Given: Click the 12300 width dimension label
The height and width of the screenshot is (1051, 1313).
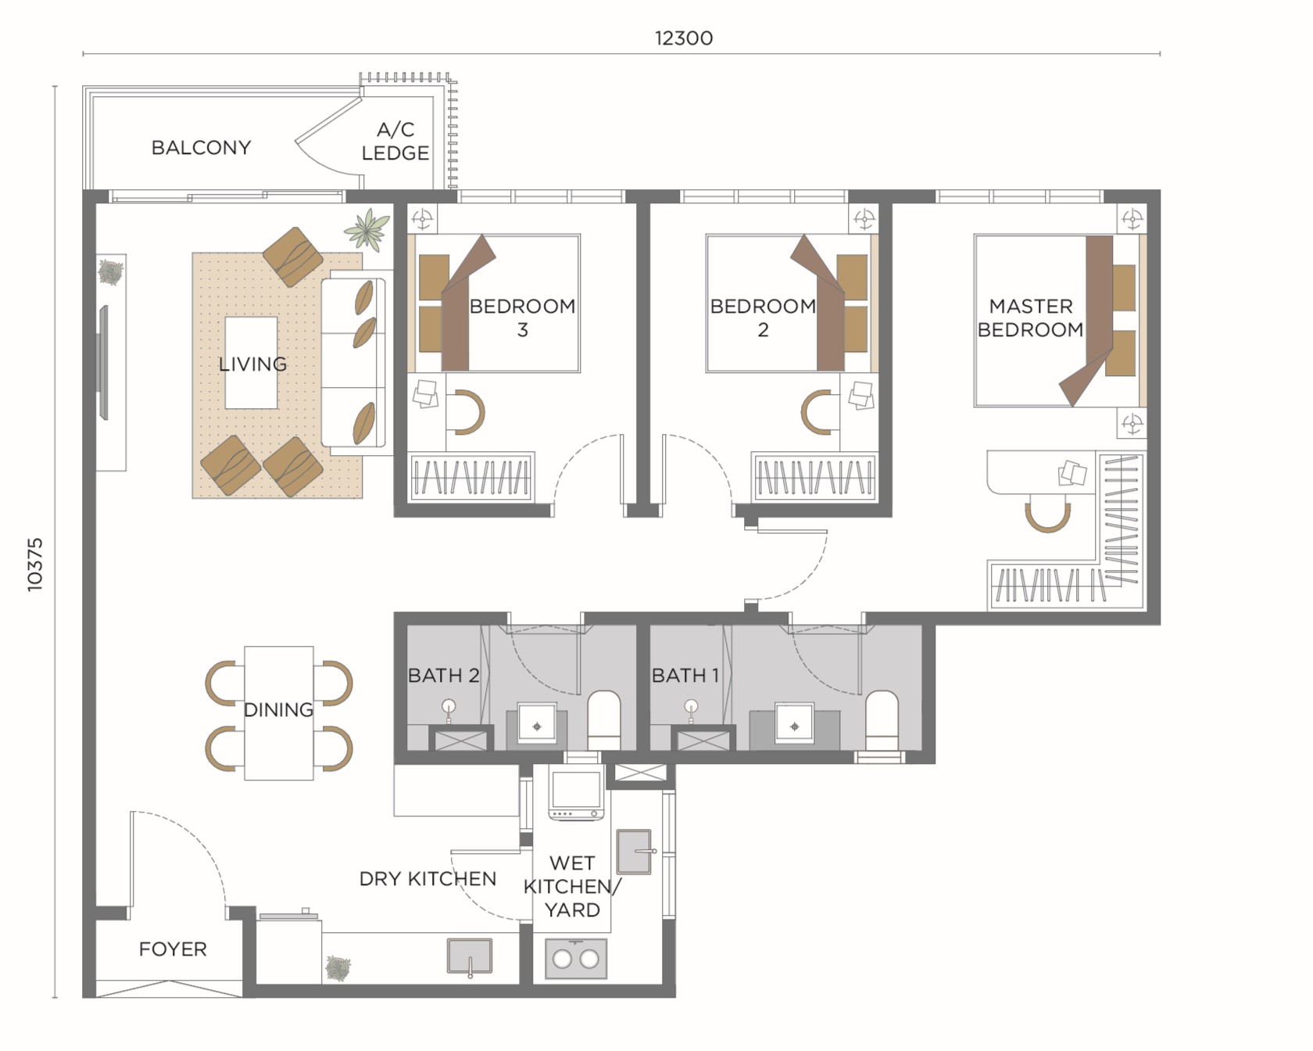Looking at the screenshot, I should (x=683, y=38).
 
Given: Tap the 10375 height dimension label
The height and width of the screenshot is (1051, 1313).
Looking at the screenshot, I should (x=35, y=564).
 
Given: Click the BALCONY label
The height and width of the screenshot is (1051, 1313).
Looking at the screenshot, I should (x=201, y=148).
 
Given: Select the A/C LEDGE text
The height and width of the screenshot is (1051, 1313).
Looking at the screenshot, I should (x=395, y=142).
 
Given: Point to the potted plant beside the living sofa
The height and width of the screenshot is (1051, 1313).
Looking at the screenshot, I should (x=367, y=229).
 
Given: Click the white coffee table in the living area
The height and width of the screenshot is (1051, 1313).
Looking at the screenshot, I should (x=251, y=363).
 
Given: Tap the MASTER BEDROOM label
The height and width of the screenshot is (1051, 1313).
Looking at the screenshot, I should (x=1030, y=317).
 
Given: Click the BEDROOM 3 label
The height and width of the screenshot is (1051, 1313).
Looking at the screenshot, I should (x=522, y=317).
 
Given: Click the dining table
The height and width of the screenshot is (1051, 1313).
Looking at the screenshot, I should (x=279, y=712).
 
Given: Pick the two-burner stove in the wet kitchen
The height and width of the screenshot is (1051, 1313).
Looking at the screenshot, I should (x=576, y=959).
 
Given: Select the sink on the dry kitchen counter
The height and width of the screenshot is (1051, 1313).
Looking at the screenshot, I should (x=470, y=956).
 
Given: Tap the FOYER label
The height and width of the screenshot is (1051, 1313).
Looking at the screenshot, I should (x=173, y=949).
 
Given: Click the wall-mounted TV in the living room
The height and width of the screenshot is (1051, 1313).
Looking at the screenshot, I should (x=103, y=362).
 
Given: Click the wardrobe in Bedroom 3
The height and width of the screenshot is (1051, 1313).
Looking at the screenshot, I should (x=471, y=476).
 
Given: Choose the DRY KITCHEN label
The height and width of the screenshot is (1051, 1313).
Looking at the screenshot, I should (x=428, y=879).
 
